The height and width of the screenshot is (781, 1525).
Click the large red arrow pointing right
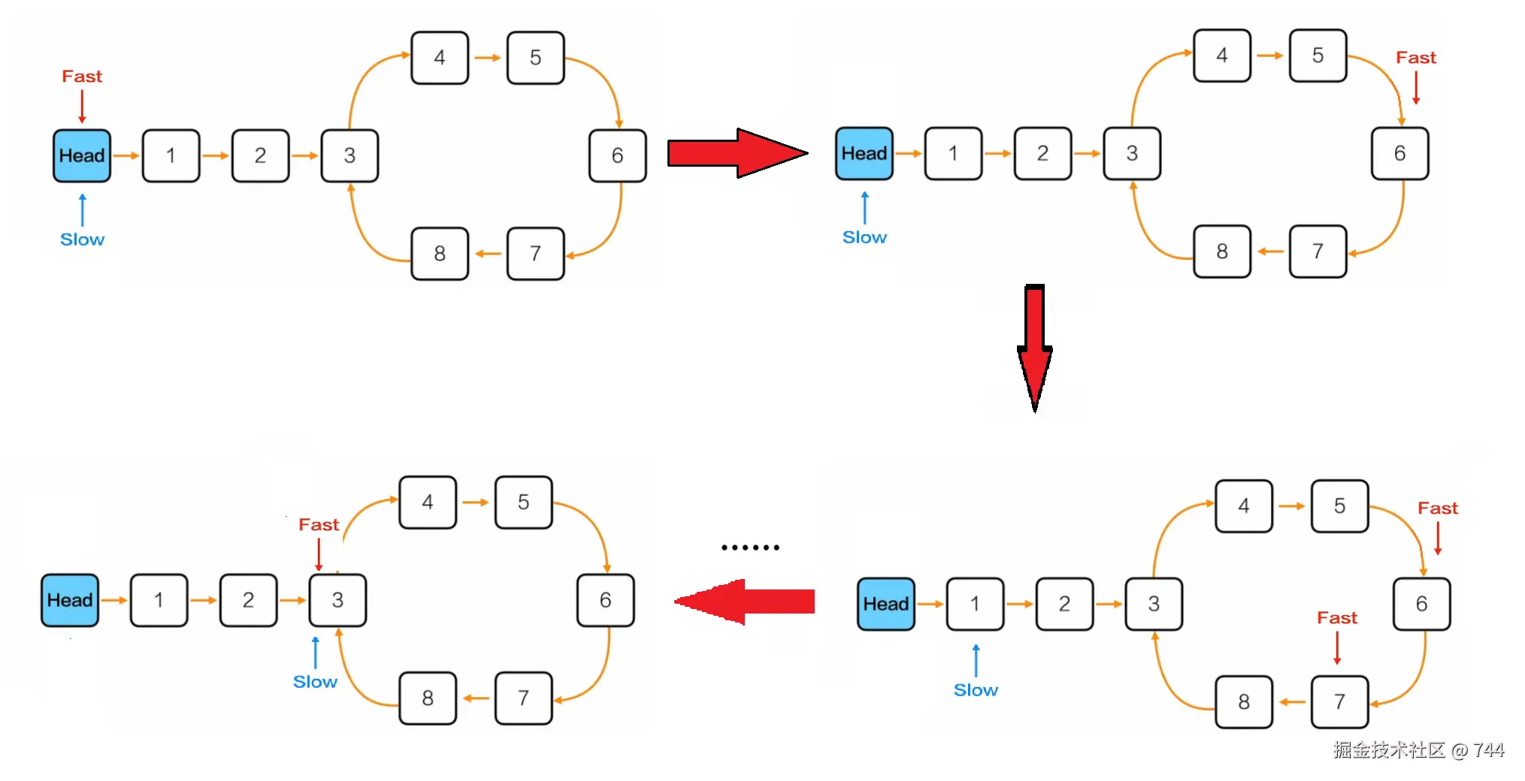tap(733, 153)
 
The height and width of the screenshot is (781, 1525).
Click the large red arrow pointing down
tap(1034, 345)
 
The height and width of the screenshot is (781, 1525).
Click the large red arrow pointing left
tap(744, 602)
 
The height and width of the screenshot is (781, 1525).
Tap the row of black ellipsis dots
tap(749, 547)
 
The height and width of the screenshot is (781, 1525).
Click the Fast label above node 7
tap(1336, 618)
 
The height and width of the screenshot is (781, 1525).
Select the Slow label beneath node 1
tap(975, 690)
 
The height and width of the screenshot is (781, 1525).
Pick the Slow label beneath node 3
tap(315, 682)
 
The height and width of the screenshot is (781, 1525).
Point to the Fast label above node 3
tap(319, 525)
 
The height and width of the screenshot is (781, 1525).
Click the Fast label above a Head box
tap(82, 77)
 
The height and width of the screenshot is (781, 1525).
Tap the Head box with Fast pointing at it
tap(82, 155)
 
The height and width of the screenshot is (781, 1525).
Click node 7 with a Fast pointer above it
tap(1339, 701)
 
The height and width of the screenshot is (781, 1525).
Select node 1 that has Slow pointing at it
tap(975, 604)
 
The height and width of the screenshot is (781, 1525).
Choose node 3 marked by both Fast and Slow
tap(337, 600)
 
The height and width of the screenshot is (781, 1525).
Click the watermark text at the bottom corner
tap(1418, 750)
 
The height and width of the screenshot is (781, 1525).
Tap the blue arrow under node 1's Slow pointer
tap(976, 660)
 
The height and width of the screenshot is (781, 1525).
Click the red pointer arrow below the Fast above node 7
tap(1337, 648)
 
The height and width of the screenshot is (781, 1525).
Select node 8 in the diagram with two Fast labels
tap(1243, 701)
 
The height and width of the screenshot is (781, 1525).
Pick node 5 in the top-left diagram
tap(535, 58)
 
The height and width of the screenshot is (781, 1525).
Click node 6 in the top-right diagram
tap(1399, 153)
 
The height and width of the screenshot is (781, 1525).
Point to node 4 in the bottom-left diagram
tap(427, 502)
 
